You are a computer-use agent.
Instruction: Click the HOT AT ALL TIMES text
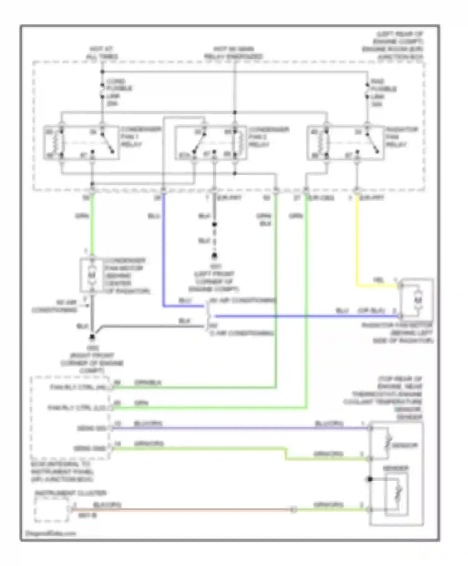click(101, 53)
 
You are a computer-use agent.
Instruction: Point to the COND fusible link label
click(119, 92)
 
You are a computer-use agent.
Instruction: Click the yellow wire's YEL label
click(378, 280)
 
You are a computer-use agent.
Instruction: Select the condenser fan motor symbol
click(91, 276)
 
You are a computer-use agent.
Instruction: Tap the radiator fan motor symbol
click(417, 300)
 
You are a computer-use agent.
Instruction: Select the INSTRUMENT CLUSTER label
click(71, 493)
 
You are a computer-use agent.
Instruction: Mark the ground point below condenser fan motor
click(92, 337)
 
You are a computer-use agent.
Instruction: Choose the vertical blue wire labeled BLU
click(163, 250)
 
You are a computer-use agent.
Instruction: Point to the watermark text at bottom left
click(50, 534)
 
